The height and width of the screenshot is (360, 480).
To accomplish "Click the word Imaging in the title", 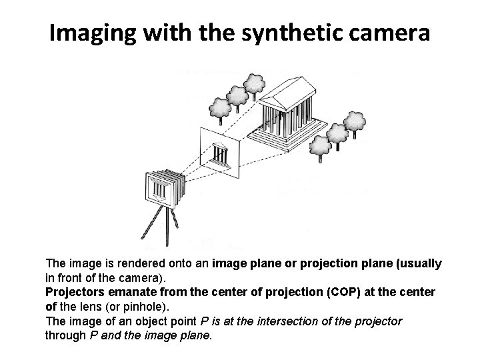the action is point(93,33).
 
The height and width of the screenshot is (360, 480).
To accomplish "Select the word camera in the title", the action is point(389,34).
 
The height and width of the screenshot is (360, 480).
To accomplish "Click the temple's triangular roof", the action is point(288,93).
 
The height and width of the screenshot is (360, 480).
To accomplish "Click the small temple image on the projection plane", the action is point(221,155).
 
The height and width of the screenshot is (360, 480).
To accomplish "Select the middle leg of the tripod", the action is point(167,227).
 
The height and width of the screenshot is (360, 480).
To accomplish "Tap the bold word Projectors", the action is point(75,292).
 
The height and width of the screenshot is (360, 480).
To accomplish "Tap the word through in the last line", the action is point(65,335).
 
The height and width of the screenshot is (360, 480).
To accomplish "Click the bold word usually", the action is point(419,264).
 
